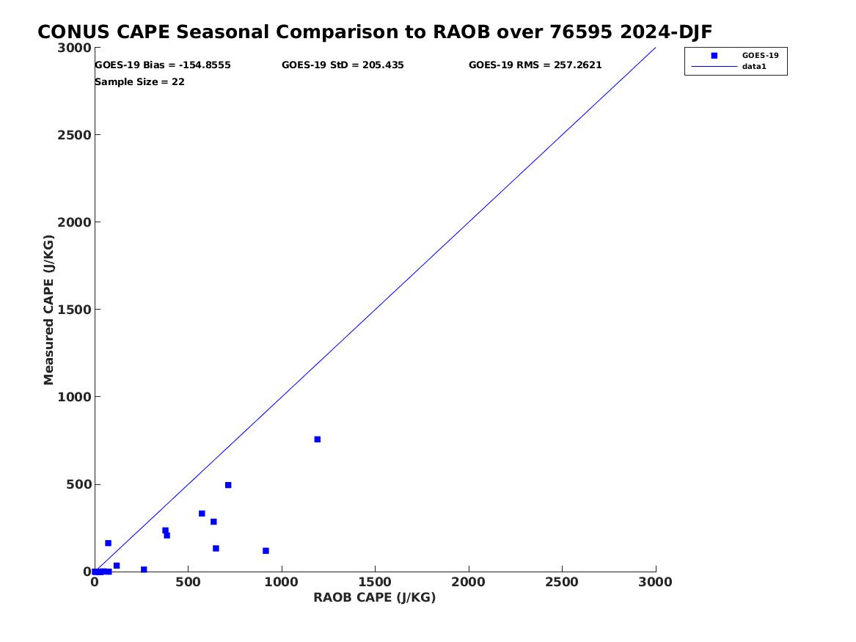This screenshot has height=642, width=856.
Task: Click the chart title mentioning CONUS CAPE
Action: pyautogui.click(x=375, y=32)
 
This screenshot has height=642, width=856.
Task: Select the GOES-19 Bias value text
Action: pyautogui.click(x=163, y=65)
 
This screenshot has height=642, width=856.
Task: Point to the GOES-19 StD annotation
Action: pyautogui.click(x=343, y=65)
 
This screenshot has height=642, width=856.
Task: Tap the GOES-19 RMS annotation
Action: pyautogui.click(x=535, y=65)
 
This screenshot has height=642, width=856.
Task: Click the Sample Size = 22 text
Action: pyautogui.click(x=140, y=82)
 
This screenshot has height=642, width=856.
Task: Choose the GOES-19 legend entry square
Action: pyautogui.click(x=714, y=56)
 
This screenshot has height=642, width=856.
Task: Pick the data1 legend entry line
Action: pyautogui.click(x=714, y=67)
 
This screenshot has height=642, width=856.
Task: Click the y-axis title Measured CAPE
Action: pyautogui.click(x=48, y=310)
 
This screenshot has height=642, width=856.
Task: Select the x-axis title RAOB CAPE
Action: pyautogui.click(x=375, y=597)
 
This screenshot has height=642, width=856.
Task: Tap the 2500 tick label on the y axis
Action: pyautogui.click(x=74, y=135)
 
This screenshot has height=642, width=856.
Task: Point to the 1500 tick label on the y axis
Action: pyautogui.click(x=74, y=310)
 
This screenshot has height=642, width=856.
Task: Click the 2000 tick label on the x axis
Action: pyautogui.click(x=469, y=583)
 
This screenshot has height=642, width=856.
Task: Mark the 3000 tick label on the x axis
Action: pyautogui.click(x=655, y=583)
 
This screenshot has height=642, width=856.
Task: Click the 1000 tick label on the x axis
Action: pyautogui.click(x=282, y=583)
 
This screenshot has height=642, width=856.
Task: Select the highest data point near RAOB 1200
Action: pyautogui.click(x=317, y=439)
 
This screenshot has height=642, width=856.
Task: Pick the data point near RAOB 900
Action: pyautogui.click(x=266, y=551)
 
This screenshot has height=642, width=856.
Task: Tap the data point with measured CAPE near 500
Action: pyautogui.click(x=228, y=485)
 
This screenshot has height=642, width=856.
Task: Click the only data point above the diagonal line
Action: pyautogui.click(x=108, y=543)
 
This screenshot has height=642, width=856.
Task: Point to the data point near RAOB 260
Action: pyautogui.click(x=144, y=569)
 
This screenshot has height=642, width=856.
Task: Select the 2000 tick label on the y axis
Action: pyautogui.click(x=74, y=222)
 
